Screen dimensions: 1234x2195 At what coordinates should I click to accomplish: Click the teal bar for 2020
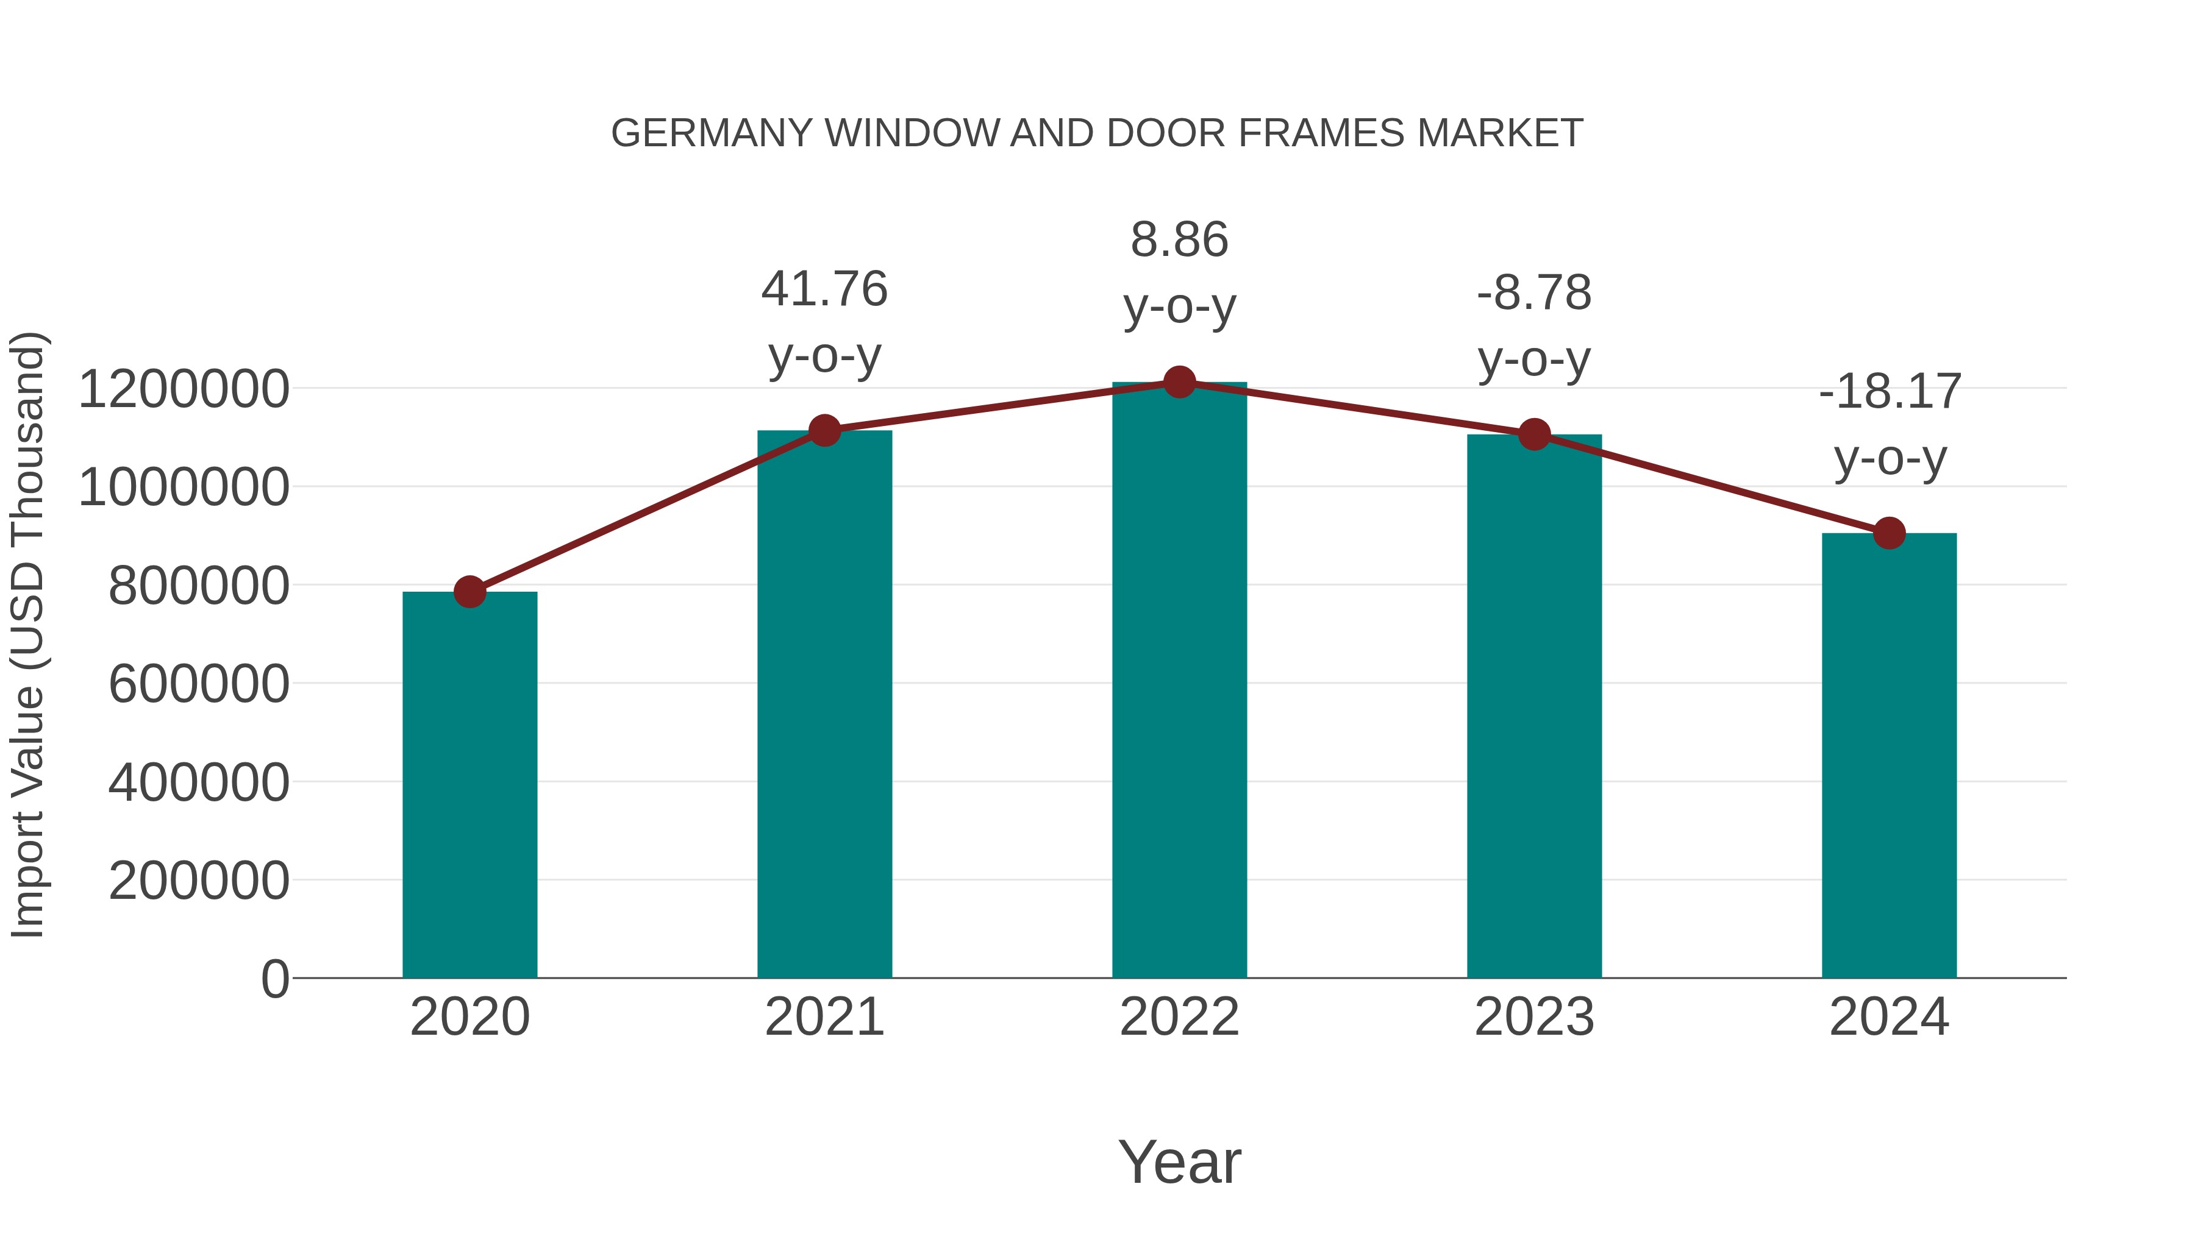pos(469,784)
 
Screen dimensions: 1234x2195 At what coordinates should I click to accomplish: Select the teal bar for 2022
pos(1179,681)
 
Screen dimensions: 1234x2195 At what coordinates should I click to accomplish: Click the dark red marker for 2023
pos(1535,435)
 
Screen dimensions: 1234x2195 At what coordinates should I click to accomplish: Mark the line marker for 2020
pos(469,591)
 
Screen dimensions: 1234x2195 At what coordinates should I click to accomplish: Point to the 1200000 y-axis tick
pos(183,389)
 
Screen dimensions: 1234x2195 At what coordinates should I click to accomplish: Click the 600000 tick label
pos(199,684)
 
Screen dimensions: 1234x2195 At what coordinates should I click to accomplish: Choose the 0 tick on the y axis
pos(275,979)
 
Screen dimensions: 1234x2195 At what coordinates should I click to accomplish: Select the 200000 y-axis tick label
pos(199,881)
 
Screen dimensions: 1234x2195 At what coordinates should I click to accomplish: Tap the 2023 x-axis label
pos(1535,1017)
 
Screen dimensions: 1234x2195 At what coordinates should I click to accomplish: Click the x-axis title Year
pos(1179,1161)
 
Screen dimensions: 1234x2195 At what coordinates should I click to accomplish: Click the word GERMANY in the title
pos(712,133)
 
